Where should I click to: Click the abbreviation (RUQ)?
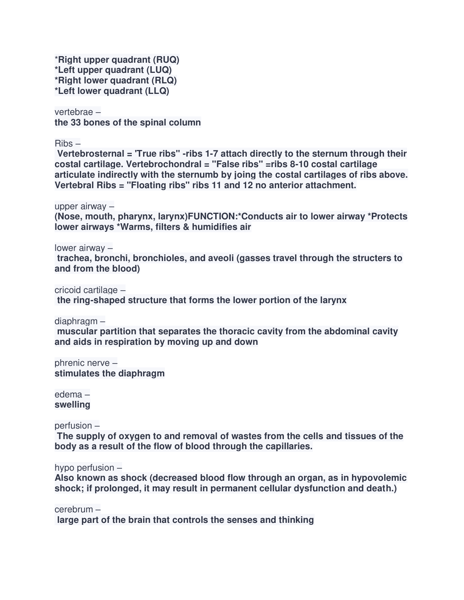click(x=166, y=60)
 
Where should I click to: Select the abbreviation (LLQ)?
click(x=157, y=91)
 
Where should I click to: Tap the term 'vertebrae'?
click(x=74, y=112)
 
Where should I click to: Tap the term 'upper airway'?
click(x=80, y=206)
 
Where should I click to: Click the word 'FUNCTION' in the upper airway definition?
click(x=212, y=217)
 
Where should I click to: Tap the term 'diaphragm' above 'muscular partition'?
click(x=76, y=321)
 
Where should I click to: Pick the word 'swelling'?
click(x=72, y=405)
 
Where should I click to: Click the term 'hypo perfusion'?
click(x=84, y=468)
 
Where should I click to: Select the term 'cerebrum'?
click(x=74, y=510)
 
